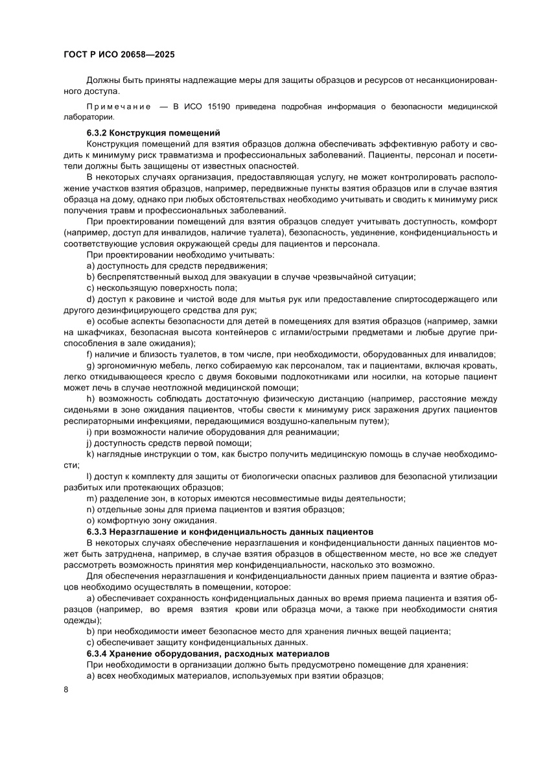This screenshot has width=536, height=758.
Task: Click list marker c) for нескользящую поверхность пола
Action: (90, 287)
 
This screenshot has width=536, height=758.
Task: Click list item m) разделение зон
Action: (246, 498)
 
